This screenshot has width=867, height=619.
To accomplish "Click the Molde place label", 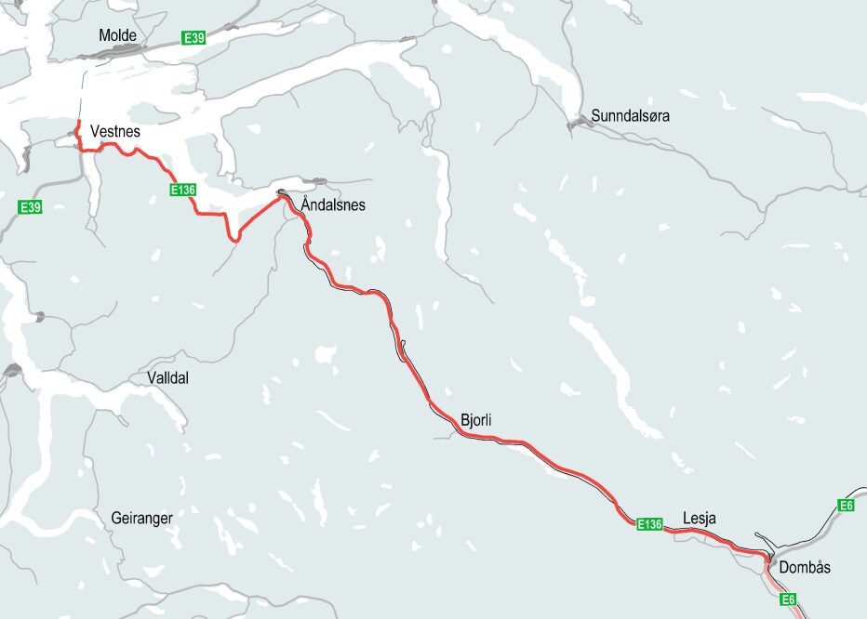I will coord(117,35).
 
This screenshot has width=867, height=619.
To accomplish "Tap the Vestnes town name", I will coord(115,132).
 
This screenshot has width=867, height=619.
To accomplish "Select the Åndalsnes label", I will coord(333,204).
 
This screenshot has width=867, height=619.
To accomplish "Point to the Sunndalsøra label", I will coord(630,116).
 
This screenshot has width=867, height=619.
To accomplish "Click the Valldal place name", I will coord(167,378).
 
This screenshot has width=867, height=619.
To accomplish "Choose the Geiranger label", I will coord(141,518).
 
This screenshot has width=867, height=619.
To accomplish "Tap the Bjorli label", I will coord(475,421).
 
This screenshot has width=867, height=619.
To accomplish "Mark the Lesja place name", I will coord(700,518).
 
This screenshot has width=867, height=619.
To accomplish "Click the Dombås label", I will coord(806,567).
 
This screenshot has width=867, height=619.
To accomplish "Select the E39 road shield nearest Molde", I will coord(193,37).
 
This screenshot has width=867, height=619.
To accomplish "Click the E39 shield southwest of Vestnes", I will coord(31,206).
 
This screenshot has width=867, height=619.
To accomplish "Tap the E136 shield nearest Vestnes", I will coord(182,190).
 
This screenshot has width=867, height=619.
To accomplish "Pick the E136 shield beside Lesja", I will coord(649,524).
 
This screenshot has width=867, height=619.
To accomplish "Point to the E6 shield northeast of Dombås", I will coord(846,505).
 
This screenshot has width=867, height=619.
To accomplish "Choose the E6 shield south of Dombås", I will coord(789,599).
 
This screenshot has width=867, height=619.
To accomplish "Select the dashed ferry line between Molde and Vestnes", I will coord(82,93).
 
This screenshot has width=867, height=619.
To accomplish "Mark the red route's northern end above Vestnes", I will coord(78,123).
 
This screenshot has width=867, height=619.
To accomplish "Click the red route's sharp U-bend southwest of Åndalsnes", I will coord(235,239).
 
